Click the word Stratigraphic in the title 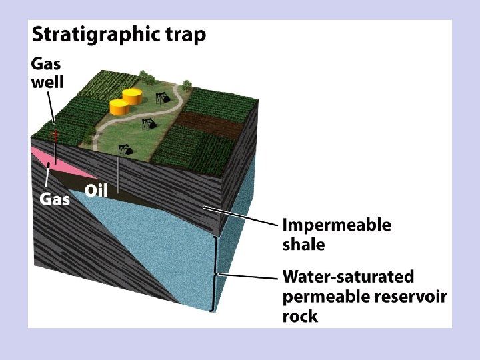tap(99, 35)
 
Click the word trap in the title tap(188, 35)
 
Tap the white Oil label tap(97, 191)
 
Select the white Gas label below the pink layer tap(55, 199)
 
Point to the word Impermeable tap(337, 225)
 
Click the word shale tap(304, 244)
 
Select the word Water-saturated tap(348, 276)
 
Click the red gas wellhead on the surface tap(55, 136)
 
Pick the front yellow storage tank tap(119, 107)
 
